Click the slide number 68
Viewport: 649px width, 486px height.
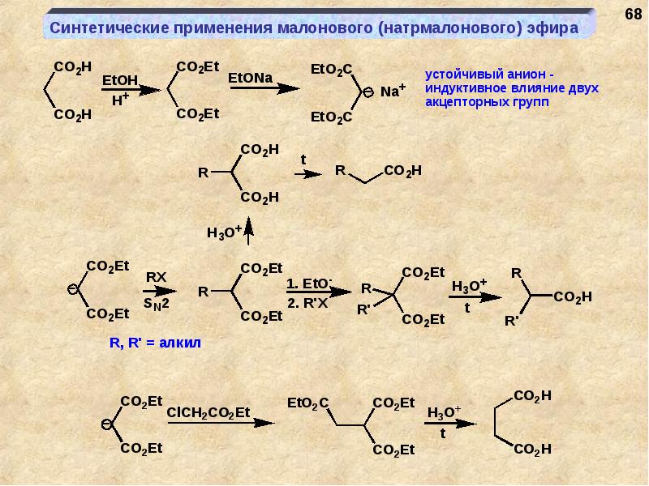tap(631, 15)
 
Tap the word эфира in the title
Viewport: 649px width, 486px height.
tap(552, 28)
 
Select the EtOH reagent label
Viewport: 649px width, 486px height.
tap(120, 81)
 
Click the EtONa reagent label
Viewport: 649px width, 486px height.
tap(251, 77)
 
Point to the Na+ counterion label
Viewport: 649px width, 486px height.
tap(391, 92)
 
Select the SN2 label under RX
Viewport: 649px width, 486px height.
tap(156, 304)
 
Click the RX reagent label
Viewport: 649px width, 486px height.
tap(156, 276)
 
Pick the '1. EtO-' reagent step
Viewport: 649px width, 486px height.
tap(309, 283)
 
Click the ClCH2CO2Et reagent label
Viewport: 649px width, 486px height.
tap(208, 412)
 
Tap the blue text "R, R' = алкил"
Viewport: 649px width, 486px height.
tap(154, 343)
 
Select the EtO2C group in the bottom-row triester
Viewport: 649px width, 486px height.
tap(309, 402)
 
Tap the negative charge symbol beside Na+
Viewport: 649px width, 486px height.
tap(367, 92)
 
